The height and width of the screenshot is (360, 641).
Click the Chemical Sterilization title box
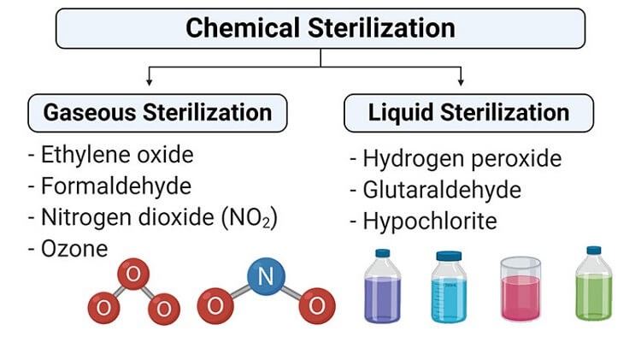coord(320,27)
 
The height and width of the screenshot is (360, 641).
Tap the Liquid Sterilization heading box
coord(468,112)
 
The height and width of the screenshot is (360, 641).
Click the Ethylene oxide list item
coord(111,156)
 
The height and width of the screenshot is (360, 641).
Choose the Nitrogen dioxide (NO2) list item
coord(153,217)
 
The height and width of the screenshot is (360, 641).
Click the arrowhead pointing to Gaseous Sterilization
coord(150,83)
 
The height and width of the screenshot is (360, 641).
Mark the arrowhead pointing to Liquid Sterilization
coord(461,83)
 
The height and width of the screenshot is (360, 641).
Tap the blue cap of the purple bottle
coord(382,254)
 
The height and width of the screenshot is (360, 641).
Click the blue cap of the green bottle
coord(594,251)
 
